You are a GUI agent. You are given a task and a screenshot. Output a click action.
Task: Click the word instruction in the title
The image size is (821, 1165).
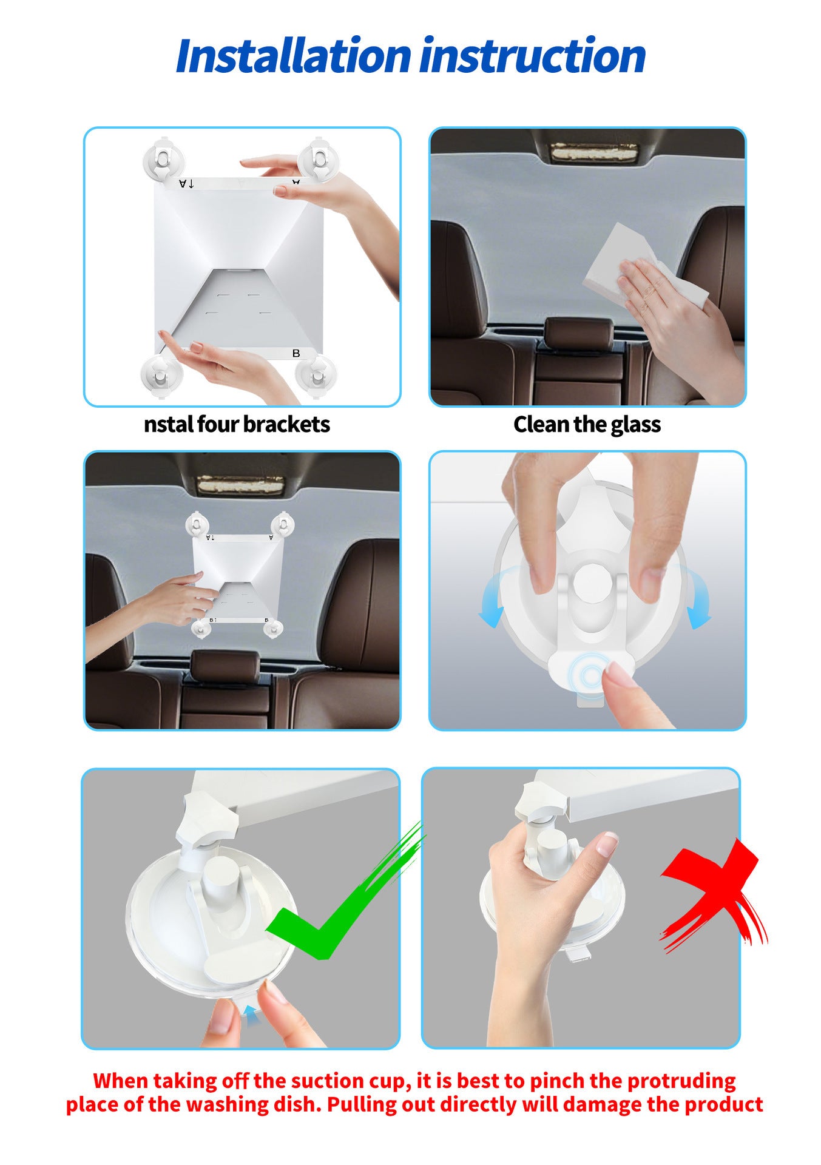tap(533, 56)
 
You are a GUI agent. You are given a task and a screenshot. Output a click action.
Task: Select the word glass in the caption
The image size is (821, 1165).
tap(635, 424)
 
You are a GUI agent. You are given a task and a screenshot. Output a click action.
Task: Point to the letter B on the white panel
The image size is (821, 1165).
tap(296, 353)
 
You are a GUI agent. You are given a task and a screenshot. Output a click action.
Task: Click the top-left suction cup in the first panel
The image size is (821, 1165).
tap(163, 160)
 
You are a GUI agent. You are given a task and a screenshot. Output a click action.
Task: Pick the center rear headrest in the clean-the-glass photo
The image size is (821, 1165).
tap(579, 334)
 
